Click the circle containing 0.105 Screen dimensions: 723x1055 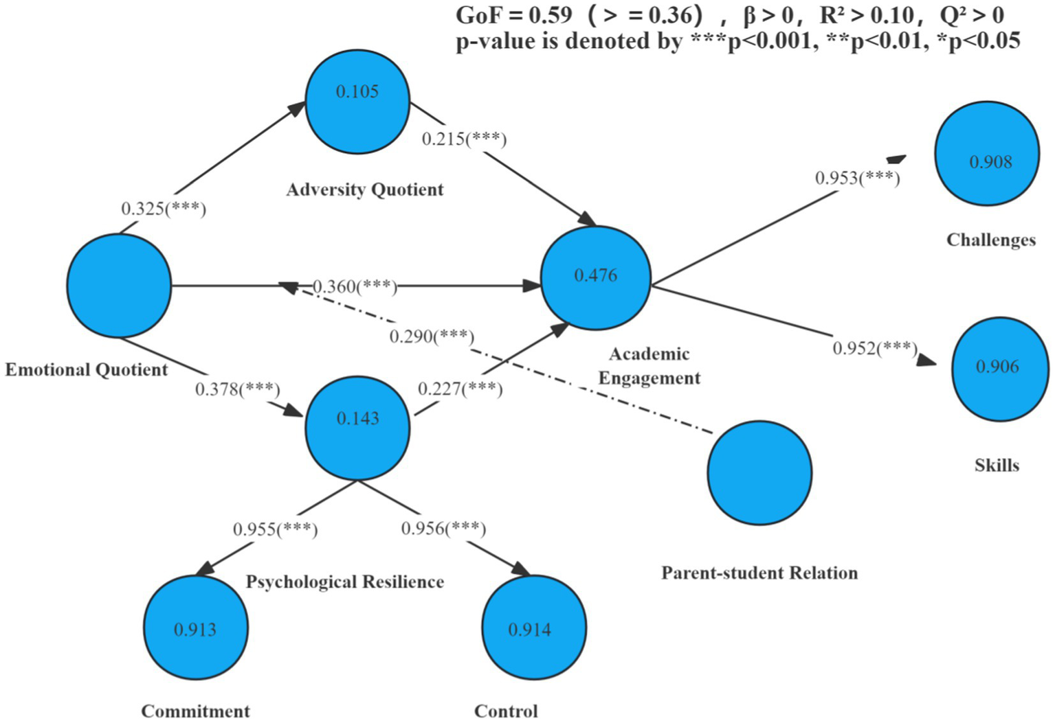357,102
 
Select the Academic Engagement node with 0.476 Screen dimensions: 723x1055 595,278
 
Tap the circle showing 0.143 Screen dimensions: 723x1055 357,428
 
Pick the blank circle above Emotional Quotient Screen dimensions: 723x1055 119,286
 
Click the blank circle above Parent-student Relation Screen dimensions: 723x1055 759,473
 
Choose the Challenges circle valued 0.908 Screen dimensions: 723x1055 986,154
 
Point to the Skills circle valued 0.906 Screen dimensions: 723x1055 1000,369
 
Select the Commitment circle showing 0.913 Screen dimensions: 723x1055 196,628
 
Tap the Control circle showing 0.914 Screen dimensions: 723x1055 534,628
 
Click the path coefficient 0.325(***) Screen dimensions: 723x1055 164,209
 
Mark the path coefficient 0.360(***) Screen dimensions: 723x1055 355,286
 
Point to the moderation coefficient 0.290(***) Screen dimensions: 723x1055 432,336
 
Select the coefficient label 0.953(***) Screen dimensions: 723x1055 857,179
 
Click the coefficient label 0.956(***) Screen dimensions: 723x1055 443,529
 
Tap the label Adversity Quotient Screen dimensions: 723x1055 364,190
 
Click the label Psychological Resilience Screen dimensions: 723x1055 344,582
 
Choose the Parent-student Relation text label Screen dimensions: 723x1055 759,573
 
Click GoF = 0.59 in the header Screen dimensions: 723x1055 514,15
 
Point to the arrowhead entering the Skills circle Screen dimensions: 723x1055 927,360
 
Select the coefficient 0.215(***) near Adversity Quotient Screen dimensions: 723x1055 464,139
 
